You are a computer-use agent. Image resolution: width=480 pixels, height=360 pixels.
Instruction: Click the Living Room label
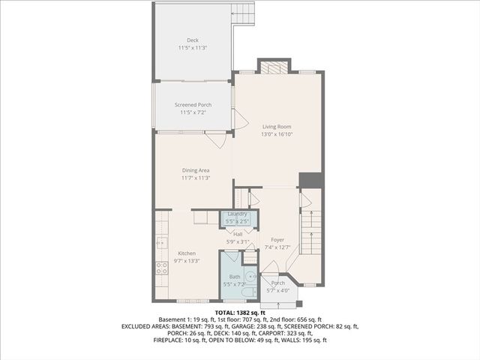pos(276,127)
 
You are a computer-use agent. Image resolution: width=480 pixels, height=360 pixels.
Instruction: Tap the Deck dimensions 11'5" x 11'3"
pos(193,48)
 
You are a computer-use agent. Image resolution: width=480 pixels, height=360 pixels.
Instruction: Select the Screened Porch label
pos(193,104)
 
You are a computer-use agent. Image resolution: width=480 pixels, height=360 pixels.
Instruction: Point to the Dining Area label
pos(195,170)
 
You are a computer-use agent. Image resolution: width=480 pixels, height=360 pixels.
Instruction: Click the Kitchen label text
pos(186,253)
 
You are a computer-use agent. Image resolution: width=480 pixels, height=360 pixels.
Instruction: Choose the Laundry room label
pos(237,214)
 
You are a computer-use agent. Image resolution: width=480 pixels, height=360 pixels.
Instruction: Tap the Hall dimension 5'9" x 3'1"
pos(238,241)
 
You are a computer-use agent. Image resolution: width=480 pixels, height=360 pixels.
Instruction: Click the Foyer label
pos(277,239)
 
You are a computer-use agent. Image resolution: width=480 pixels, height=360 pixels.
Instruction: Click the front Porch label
pos(277,283)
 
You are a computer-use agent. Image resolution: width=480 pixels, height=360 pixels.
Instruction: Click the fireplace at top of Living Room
pos(273,67)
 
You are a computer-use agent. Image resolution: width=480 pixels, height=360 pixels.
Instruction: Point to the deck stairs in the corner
pos(242,13)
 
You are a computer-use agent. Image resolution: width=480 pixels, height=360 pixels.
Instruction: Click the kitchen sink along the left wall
pos(160,243)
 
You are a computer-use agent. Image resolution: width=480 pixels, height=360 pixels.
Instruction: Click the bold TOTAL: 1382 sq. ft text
pos(240,312)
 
